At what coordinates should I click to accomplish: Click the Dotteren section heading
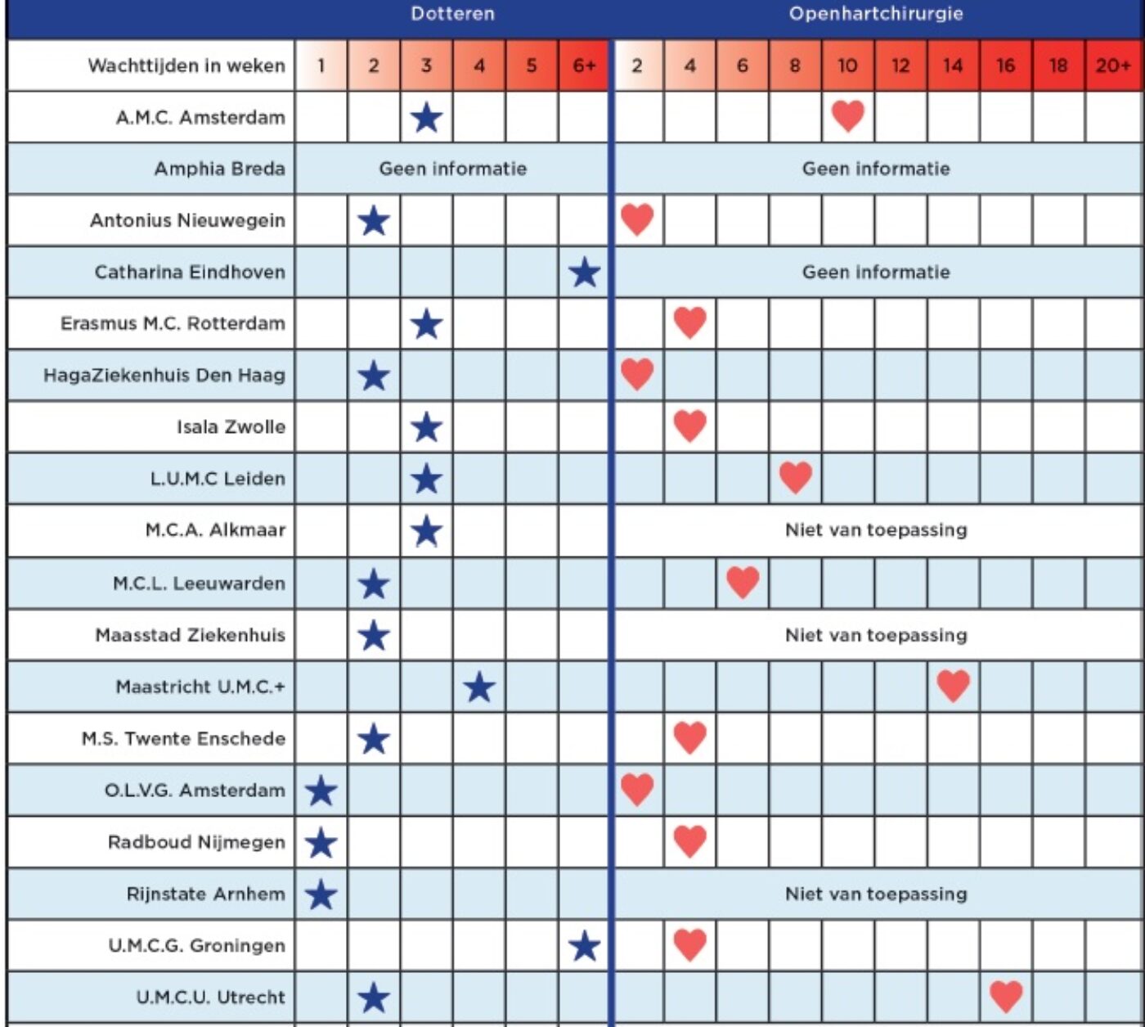tap(453, 14)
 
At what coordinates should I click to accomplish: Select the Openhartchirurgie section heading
tap(876, 14)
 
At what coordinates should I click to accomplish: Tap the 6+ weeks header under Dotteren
tap(585, 65)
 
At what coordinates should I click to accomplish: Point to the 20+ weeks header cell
tap(1113, 65)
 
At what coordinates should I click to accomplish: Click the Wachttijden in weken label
tap(186, 65)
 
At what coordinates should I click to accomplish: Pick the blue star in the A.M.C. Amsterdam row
tap(426, 118)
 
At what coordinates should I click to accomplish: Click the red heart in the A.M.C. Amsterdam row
tap(848, 116)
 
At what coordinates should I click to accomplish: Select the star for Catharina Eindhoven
tap(585, 272)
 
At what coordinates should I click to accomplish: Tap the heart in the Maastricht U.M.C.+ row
tap(954, 686)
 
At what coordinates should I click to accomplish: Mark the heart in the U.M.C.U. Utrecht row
tap(1006, 996)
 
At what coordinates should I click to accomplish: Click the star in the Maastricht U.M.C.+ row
tap(479, 687)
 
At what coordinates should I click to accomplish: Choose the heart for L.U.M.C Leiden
tap(795, 477)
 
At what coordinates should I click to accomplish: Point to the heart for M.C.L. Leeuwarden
tap(743, 582)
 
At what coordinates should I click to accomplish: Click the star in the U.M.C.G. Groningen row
tap(585, 946)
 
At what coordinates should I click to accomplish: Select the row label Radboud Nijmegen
tap(196, 842)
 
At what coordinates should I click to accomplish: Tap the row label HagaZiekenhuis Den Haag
tap(164, 375)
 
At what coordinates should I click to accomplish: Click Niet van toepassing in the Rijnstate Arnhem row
tap(876, 894)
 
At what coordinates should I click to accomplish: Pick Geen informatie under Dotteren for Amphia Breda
tap(453, 169)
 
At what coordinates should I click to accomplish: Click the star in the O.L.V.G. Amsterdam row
tap(321, 791)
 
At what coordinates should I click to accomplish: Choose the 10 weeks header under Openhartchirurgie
tap(847, 65)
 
